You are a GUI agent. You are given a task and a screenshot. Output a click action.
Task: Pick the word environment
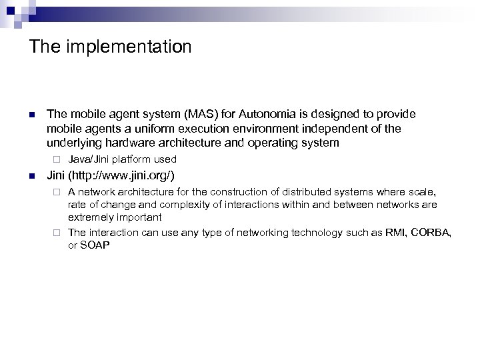coord(257,129)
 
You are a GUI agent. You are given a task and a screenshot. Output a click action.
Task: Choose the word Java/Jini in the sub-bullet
coord(89,159)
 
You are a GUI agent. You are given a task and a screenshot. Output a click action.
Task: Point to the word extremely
coord(90,217)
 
